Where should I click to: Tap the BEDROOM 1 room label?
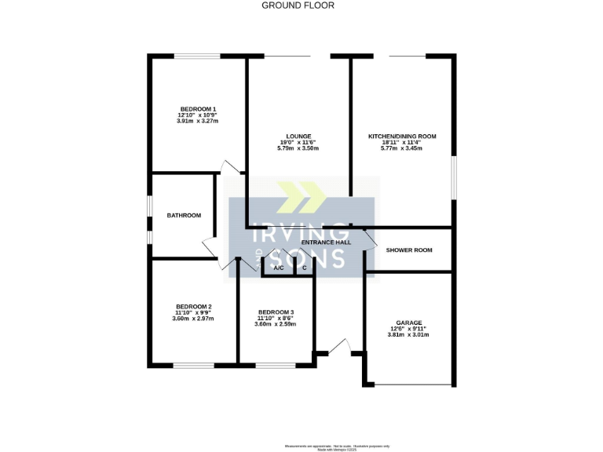198,109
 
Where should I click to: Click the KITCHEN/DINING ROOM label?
402,136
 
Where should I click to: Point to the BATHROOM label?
184,216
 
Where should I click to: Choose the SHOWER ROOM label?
409,250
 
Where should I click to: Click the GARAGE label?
409,323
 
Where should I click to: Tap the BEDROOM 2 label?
194,306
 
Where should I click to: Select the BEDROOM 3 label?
276,312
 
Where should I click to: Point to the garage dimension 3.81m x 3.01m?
408,335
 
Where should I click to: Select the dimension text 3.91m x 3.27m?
198,122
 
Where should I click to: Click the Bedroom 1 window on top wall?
197,55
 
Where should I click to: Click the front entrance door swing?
340,345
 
